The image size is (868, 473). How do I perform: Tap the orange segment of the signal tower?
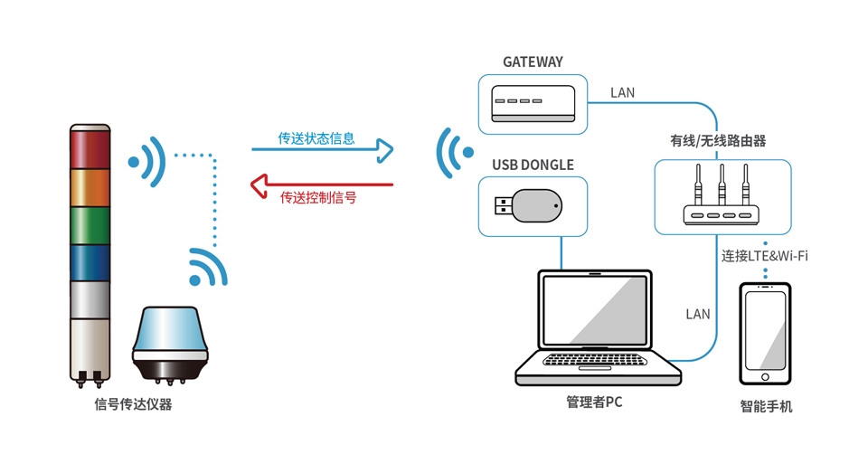tap(90, 187)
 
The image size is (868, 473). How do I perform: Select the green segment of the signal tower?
tap(90, 225)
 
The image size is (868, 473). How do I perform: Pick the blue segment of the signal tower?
tap(90, 262)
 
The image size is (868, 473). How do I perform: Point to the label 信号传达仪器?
tap(133, 404)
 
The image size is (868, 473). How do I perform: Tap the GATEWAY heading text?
tap(533, 62)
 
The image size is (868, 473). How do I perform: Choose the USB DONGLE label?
tap(533, 165)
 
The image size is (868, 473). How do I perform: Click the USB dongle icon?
tap(531, 205)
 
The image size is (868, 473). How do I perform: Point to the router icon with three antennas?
tap(721, 196)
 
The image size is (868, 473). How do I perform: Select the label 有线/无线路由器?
tap(718, 141)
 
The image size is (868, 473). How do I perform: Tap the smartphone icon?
tap(765, 333)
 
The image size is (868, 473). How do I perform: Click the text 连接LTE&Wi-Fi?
tap(765, 256)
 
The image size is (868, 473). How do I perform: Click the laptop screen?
tap(596, 310)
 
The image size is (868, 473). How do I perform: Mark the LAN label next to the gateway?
tap(622, 92)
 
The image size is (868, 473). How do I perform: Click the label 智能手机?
tap(765, 406)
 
